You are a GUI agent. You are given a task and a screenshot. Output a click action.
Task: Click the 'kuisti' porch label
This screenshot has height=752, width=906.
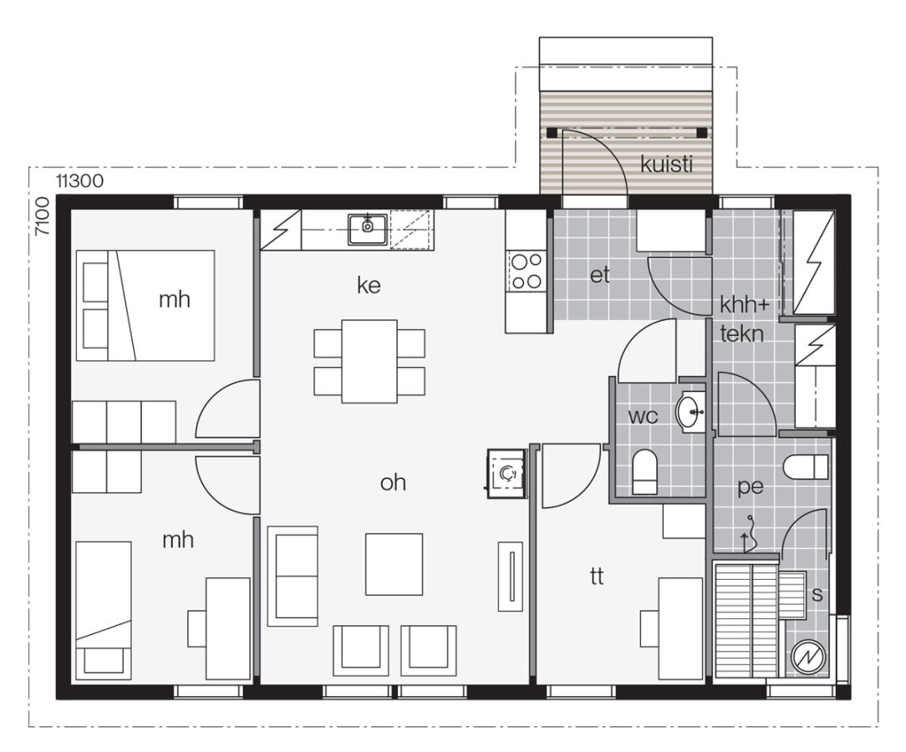pyautogui.click(x=667, y=165)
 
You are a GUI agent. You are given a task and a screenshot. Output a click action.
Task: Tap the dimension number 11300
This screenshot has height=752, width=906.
pyautogui.click(x=80, y=180)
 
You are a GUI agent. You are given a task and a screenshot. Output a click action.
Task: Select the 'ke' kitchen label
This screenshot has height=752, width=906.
pyautogui.click(x=369, y=286)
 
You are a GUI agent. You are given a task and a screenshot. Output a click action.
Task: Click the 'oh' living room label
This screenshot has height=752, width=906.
pyautogui.click(x=393, y=482)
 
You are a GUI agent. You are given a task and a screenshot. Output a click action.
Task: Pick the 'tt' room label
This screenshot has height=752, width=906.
pyautogui.click(x=597, y=576)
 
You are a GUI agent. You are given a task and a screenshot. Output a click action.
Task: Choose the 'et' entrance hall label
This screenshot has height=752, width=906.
pyautogui.click(x=600, y=276)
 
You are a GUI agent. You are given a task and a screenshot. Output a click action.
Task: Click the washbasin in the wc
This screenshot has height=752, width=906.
pyautogui.click(x=690, y=410)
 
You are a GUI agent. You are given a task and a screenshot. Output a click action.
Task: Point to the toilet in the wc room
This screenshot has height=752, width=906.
pyautogui.click(x=644, y=473)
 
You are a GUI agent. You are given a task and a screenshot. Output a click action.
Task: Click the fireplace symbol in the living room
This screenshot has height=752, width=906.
pyautogui.click(x=506, y=473)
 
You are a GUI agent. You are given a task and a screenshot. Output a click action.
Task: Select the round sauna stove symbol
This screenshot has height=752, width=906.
pyautogui.click(x=807, y=656)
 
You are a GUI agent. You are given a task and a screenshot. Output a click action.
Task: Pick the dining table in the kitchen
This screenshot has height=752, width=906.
pyautogui.click(x=369, y=360)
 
